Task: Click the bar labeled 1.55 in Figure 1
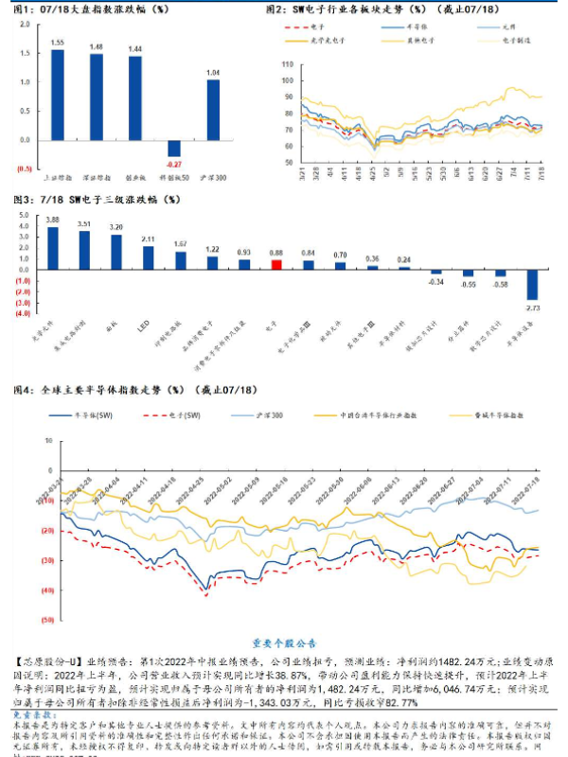(x=58, y=95)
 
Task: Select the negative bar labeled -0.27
(x=174, y=148)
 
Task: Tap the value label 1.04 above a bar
(x=214, y=72)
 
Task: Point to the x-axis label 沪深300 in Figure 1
(x=214, y=176)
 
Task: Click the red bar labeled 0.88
(x=276, y=264)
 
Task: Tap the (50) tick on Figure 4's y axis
(x=46, y=620)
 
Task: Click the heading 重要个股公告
(x=283, y=641)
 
